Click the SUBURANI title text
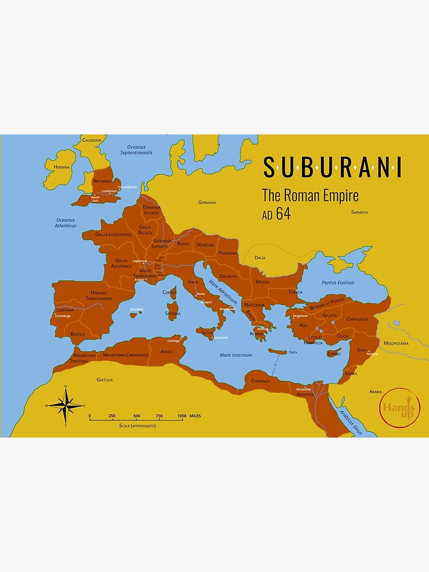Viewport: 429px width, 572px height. [332, 167]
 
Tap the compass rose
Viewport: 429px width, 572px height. [66, 406]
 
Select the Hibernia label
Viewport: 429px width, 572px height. [61, 167]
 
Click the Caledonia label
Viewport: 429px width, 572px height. [92, 140]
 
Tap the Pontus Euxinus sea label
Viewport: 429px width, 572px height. [337, 283]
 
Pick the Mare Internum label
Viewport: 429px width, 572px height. [236, 355]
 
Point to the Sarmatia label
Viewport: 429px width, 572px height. [359, 212]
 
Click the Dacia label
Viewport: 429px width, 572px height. [260, 258]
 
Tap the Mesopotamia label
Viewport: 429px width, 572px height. [396, 343]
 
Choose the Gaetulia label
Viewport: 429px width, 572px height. [105, 379]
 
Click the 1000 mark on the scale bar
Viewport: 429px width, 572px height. [181, 416]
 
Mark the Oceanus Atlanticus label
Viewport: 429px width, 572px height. [66, 223]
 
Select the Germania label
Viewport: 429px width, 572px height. [207, 202]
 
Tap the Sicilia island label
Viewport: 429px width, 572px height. [207, 332]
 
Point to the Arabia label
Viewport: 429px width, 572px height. [375, 392]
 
